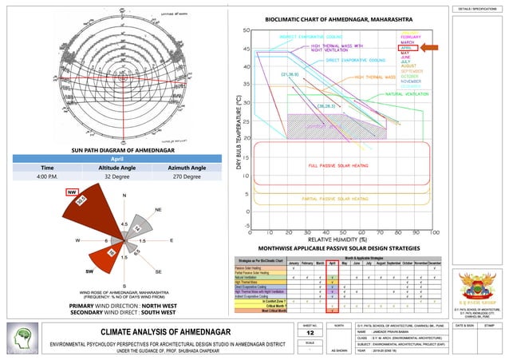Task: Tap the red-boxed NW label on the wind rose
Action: pos(72,192)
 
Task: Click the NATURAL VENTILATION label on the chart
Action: pos(404,94)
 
